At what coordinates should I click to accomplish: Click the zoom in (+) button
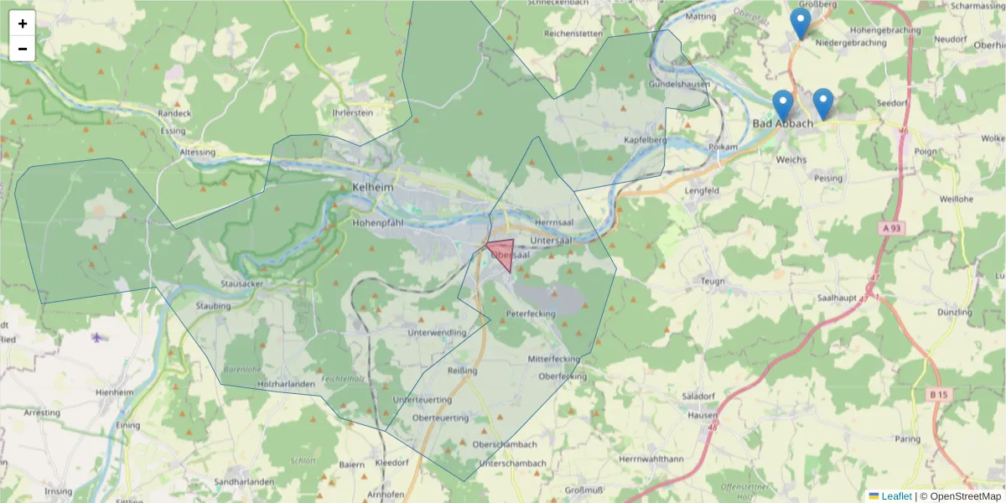pos(23,23)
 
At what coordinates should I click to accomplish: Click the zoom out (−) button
pos(23,49)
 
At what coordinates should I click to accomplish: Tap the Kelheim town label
pos(372,188)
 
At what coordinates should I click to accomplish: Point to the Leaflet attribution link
pos(896,496)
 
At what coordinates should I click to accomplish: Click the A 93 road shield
pos(894,228)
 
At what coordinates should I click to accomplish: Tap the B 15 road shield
pos(938,393)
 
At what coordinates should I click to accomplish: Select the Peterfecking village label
pos(531,314)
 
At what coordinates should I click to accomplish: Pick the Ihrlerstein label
pos(352,112)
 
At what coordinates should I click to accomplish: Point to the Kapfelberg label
pos(646,140)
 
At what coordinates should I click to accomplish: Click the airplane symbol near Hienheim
pos(98,338)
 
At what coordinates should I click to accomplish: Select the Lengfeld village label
pos(702,191)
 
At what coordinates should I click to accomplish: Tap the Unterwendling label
pos(436,333)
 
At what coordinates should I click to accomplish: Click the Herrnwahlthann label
pos(651,459)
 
